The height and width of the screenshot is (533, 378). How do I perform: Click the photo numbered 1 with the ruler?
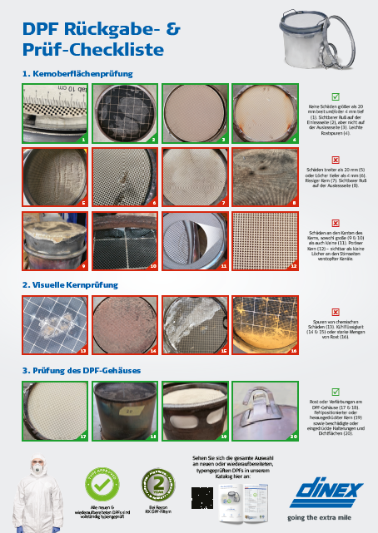(x=54, y=112)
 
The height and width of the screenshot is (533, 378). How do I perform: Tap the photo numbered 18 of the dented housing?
(x=123, y=410)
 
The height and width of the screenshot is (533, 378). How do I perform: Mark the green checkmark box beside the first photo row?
(x=335, y=97)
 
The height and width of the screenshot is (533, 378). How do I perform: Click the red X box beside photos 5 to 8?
(x=335, y=157)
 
